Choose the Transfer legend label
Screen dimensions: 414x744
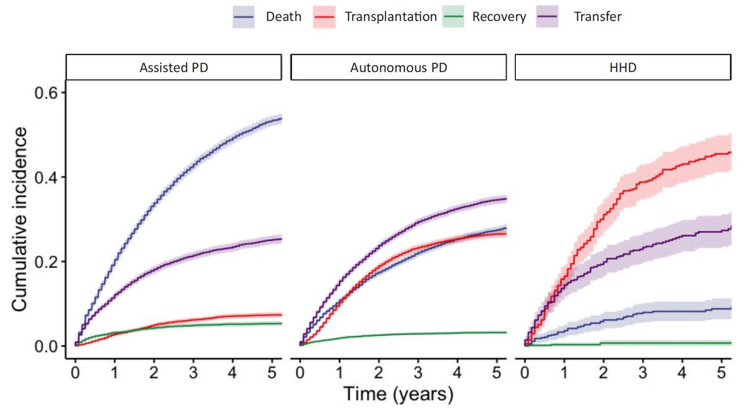point(598,17)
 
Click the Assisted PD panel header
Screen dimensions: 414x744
point(173,68)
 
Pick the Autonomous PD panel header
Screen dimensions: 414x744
point(398,68)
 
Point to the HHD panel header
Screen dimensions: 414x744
point(622,68)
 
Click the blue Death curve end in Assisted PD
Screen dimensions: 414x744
point(280,118)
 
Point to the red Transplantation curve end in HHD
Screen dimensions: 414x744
point(730,152)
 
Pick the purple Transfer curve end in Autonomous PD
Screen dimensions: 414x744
point(505,199)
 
